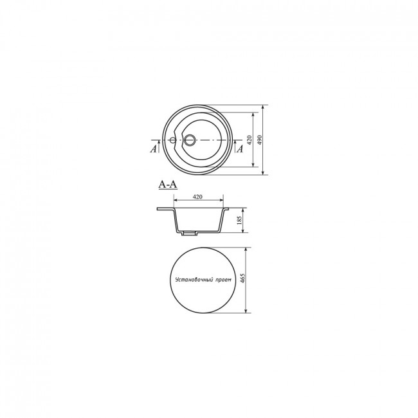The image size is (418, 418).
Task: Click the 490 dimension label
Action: [260, 140]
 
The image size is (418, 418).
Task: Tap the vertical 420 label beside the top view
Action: [250, 140]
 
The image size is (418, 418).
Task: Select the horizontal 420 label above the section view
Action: [197, 197]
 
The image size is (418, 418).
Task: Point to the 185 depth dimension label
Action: [239, 220]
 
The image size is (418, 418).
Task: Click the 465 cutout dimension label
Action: [242, 278]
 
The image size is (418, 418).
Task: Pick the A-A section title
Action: [168, 185]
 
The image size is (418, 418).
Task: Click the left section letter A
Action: [153, 149]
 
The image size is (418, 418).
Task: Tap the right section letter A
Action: [241, 149]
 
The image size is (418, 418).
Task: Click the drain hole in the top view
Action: [190, 140]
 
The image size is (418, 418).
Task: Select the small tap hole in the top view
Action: [173, 140]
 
